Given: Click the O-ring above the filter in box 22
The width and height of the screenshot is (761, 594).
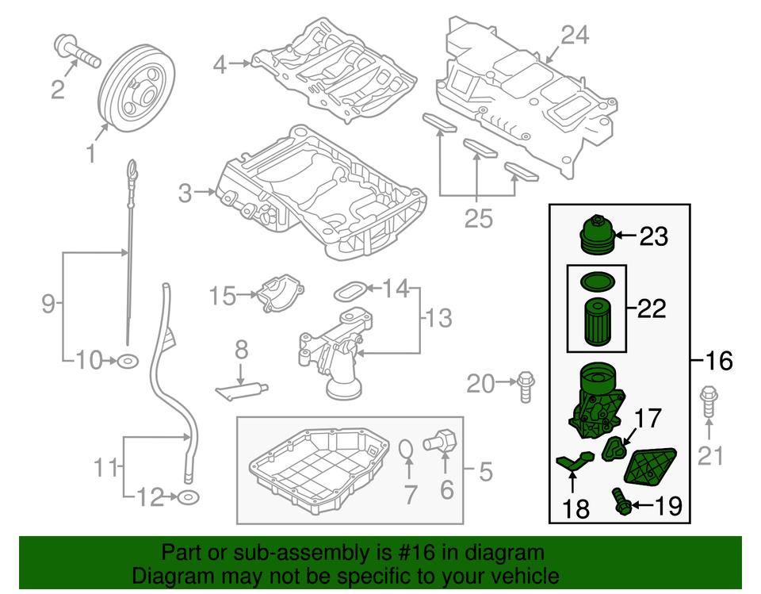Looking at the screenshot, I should pos(596,281).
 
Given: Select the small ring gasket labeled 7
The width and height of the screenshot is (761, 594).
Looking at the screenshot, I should pos(405,450).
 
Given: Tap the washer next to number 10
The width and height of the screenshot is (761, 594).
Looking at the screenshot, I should pos(127,362).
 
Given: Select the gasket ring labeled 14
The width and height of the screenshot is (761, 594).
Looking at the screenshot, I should pos(350,289).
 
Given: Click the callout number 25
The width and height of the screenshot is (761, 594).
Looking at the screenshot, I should pos(478,218).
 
